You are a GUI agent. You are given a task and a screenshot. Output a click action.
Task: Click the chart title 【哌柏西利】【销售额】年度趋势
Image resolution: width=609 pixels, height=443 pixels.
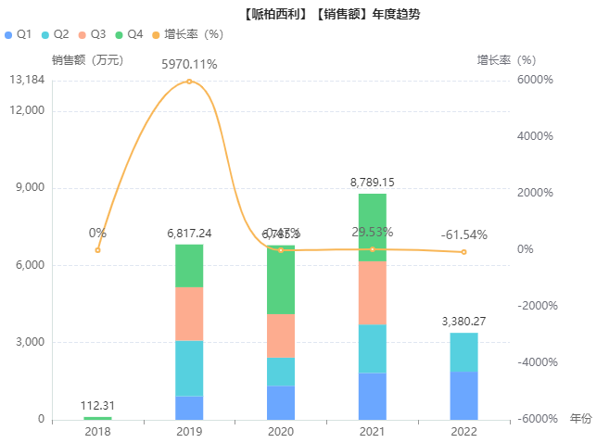304,15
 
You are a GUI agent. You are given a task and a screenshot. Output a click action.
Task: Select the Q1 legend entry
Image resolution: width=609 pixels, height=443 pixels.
19,34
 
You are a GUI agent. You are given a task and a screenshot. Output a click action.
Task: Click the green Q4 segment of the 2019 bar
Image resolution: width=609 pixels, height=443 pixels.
189,266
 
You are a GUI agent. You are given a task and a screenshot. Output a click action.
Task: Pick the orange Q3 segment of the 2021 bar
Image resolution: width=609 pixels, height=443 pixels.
373,293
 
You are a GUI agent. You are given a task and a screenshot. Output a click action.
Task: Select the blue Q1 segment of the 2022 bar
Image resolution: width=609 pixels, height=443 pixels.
464,396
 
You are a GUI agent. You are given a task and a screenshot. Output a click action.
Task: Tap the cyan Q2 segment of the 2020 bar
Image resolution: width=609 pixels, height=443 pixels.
281,372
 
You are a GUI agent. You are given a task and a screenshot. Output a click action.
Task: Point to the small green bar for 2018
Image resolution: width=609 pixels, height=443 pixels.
97,418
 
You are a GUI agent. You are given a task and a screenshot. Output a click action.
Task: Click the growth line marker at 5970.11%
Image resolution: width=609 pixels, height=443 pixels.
189,82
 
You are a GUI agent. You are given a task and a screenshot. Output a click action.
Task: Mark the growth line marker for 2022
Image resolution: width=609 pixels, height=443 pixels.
464,252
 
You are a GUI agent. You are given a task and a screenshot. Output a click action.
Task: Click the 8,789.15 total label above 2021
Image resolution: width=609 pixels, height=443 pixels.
373,183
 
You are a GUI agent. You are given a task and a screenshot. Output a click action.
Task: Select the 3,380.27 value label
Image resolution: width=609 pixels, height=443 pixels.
464,322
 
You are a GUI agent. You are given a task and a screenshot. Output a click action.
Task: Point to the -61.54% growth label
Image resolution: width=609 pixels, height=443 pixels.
464,234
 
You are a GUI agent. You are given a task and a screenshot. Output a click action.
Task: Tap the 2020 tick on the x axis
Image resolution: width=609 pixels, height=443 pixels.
281,432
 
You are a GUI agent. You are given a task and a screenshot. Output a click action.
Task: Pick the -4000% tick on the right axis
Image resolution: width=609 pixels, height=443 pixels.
535,362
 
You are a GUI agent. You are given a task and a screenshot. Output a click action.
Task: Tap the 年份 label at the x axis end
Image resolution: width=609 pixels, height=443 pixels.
580,419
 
